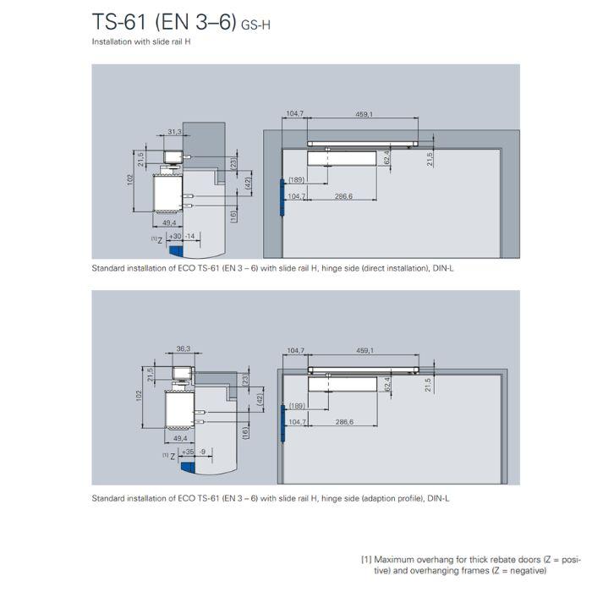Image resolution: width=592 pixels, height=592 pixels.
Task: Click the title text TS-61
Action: (x=122, y=23)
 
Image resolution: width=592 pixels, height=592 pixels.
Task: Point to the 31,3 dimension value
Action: (x=174, y=132)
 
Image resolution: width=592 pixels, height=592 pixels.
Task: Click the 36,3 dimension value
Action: (x=184, y=348)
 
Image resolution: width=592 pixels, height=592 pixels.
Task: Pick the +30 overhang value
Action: (x=175, y=236)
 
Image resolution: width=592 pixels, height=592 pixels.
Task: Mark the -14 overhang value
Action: (x=190, y=236)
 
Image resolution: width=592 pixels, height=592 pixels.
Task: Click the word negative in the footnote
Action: (x=551, y=571)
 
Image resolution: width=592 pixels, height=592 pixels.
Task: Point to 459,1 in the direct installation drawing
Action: (x=365, y=113)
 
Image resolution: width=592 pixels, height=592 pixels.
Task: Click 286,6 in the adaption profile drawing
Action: (x=343, y=421)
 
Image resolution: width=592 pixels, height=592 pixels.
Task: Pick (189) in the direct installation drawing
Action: (x=296, y=180)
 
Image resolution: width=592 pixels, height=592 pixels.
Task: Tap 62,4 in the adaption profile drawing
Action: (x=387, y=385)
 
